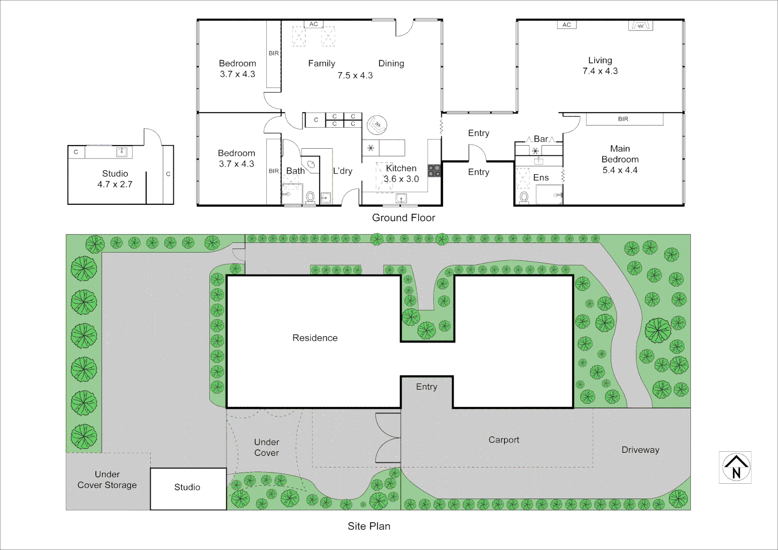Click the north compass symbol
pyautogui.click(x=736, y=468)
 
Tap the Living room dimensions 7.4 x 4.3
pyautogui.click(x=600, y=71)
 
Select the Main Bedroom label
pyautogui.click(x=620, y=154)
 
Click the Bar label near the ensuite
pyautogui.click(x=541, y=139)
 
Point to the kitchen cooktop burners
pyautogui.click(x=434, y=171)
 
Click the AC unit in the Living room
pyautogui.click(x=567, y=24)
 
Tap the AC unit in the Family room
pyautogui.click(x=314, y=24)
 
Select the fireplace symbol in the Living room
pyautogui.click(x=641, y=25)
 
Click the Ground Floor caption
pyautogui.click(x=403, y=218)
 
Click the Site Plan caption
pyautogui.click(x=369, y=526)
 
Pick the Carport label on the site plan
pyautogui.click(x=504, y=440)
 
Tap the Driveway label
pyautogui.click(x=640, y=450)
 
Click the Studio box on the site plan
pyautogui.click(x=188, y=488)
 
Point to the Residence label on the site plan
pyautogui.click(x=315, y=338)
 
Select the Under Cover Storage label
pyautogui.click(x=107, y=480)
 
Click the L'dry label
pyautogui.click(x=343, y=171)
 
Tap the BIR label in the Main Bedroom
pyautogui.click(x=623, y=119)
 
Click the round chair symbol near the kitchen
pyautogui.click(x=377, y=124)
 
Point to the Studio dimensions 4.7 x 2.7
pyautogui.click(x=115, y=184)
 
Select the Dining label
pyautogui.click(x=391, y=64)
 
